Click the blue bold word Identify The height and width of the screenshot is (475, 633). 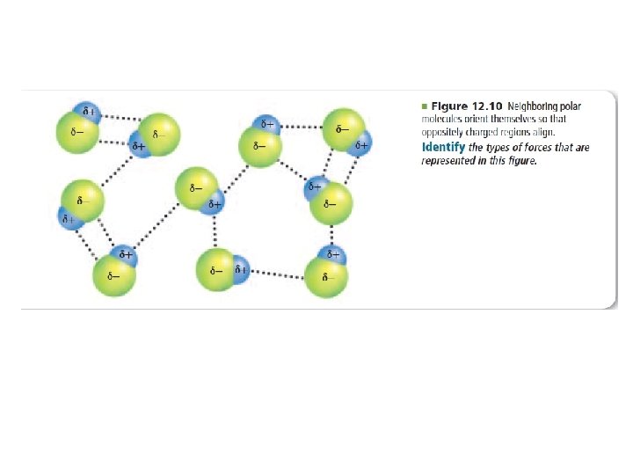[444, 147]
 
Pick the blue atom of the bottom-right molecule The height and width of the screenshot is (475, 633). [332, 256]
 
